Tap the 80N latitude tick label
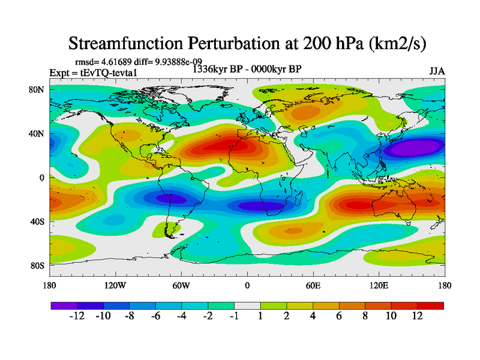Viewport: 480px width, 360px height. (x=38, y=89)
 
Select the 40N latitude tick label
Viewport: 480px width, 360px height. (x=38, y=134)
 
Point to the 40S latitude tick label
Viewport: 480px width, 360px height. (x=38, y=221)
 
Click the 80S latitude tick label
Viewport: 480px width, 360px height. (x=38, y=265)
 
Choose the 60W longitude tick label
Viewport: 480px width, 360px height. (x=181, y=286)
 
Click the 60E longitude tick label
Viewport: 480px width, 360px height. (x=313, y=286)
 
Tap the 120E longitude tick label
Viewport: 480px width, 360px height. (x=379, y=286)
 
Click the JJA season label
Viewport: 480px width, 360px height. (x=437, y=71)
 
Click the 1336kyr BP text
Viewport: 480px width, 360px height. (x=217, y=69)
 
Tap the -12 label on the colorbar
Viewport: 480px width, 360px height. (x=77, y=316)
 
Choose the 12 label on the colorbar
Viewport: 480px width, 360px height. (x=417, y=316)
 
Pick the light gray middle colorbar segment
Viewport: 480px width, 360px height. (x=247, y=305)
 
